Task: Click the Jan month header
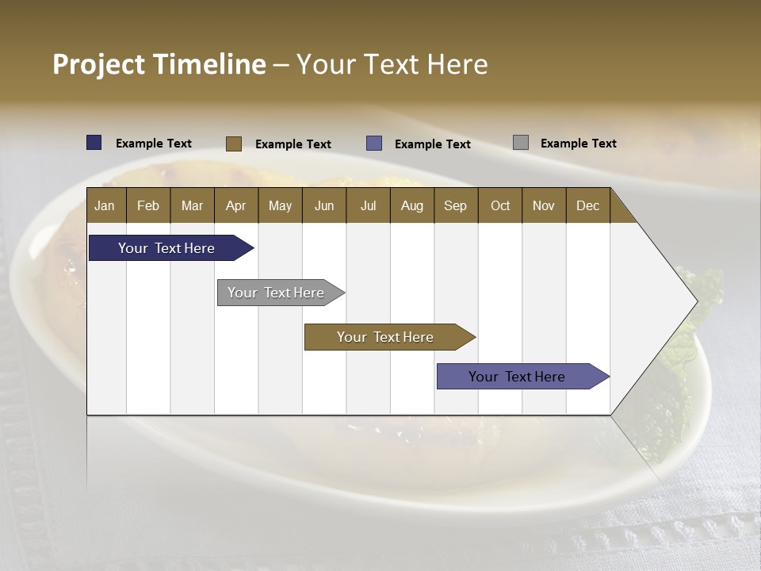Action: click(105, 205)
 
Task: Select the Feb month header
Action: click(148, 205)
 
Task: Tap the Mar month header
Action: click(192, 205)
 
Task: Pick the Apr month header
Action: click(236, 205)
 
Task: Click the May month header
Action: click(280, 205)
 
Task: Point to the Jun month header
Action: click(324, 205)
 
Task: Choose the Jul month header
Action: click(368, 205)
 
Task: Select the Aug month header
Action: click(412, 205)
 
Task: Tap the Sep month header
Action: click(456, 205)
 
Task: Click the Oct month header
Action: click(500, 205)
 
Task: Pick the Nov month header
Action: click(544, 205)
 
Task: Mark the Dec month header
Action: click(588, 205)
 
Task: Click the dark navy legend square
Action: click(94, 143)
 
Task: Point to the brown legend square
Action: click(234, 144)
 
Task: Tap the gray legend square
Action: click(521, 143)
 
